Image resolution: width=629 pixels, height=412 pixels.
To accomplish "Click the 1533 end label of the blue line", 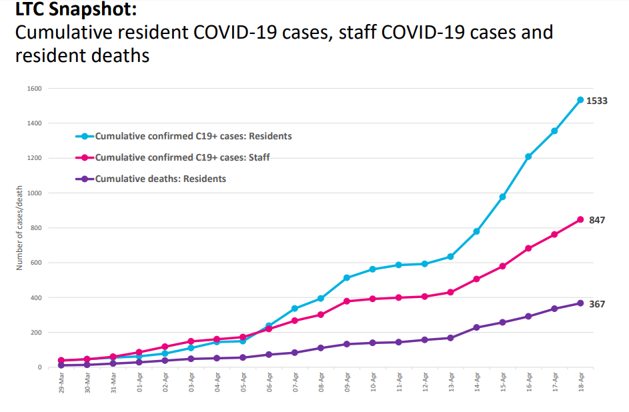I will (596, 101).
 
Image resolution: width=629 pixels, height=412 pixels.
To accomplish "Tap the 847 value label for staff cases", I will (596, 219).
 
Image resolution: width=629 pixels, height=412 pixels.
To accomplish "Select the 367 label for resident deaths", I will (596, 304).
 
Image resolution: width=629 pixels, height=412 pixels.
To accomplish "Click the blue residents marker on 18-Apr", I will (580, 100).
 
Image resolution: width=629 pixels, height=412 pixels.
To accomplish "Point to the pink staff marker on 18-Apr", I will (580, 219).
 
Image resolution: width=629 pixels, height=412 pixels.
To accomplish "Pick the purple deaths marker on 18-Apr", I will (580, 303).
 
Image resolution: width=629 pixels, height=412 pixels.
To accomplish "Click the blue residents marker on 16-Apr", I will (528, 157).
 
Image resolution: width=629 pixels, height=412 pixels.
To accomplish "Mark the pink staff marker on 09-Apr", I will (347, 301).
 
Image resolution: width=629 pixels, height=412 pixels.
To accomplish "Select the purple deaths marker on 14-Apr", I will (476, 327).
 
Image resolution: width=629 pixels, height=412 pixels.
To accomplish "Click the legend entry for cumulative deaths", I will (160, 179).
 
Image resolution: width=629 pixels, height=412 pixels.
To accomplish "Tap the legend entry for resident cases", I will (193, 136).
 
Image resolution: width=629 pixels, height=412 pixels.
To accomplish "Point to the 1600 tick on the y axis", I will (35, 89).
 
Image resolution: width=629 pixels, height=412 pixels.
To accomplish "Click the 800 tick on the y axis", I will (36, 228).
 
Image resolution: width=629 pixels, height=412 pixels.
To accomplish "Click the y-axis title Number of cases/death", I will (21, 228).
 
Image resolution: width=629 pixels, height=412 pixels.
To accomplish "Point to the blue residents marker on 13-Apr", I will (450, 257).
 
